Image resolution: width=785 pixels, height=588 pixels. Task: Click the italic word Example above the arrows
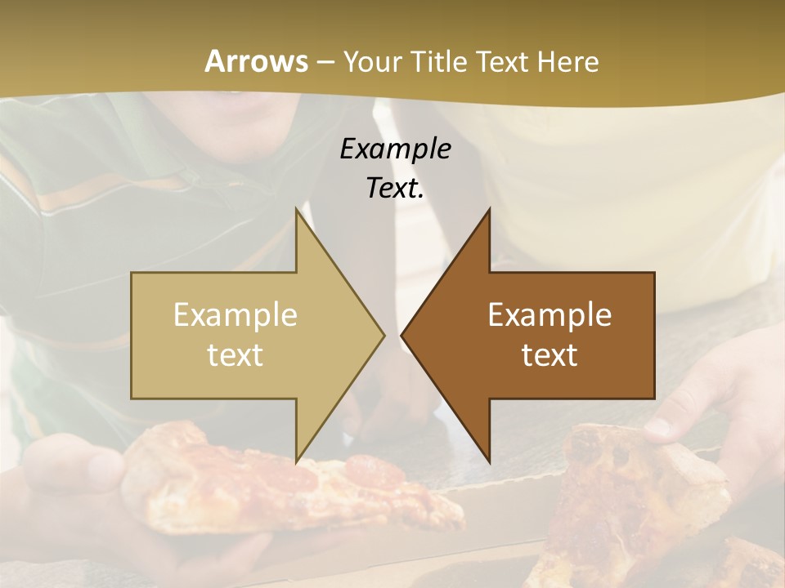(395, 149)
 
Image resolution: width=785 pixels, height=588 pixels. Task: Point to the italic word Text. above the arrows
(395, 189)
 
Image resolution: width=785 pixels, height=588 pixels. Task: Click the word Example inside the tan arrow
(235, 314)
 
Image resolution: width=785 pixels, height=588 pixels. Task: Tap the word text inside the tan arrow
(235, 354)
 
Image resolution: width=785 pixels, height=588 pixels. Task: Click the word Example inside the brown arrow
(549, 314)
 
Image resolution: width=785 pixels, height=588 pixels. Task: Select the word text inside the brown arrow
(549, 354)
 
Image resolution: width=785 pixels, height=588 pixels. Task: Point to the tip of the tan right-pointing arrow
(383, 334)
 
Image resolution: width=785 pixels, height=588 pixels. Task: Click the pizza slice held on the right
(638, 498)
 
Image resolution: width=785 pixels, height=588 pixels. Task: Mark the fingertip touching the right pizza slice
(658, 425)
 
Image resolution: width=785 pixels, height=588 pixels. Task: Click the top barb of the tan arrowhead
(297, 211)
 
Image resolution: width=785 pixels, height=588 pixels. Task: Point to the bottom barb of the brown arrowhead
(488, 459)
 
